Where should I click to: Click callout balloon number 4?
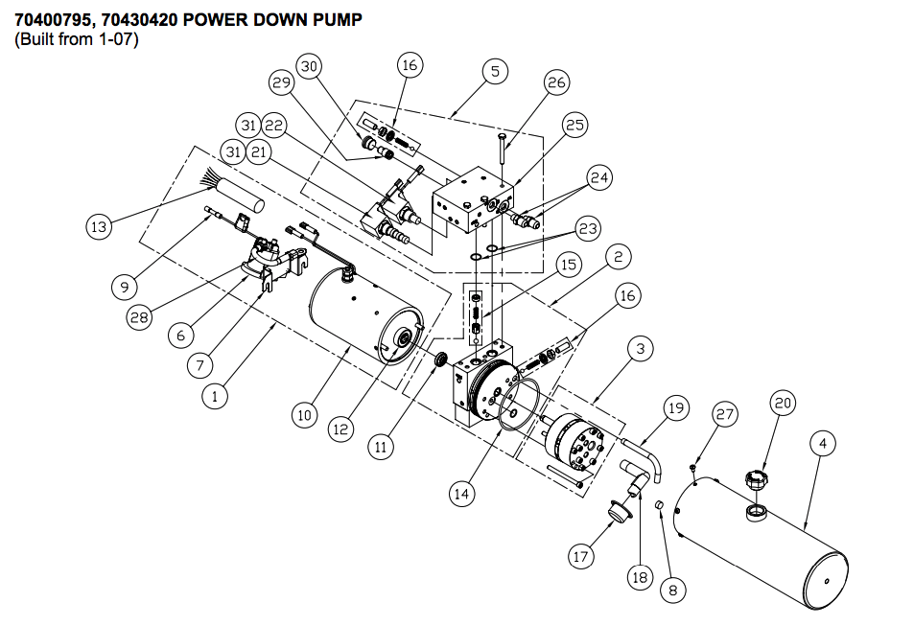(823, 444)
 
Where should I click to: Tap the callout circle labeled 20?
(784, 405)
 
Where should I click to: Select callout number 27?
(725, 414)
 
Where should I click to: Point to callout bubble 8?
(671, 591)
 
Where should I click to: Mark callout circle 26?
(557, 82)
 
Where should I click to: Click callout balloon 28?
(140, 317)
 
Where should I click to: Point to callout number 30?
(310, 66)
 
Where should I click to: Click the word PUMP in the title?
(337, 19)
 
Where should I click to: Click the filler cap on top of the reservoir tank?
(754, 478)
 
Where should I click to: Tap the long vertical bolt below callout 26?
(502, 158)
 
